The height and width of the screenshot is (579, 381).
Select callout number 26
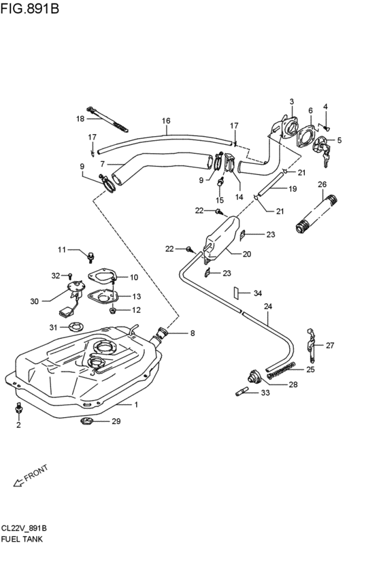(322, 184)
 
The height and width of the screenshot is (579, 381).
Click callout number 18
(80, 118)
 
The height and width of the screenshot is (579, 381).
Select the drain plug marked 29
(86, 422)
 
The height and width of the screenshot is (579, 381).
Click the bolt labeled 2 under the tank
(18, 410)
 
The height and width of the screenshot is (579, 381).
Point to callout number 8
(192, 333)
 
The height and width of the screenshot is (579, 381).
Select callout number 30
(35, 299)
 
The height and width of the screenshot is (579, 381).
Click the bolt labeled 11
(90, 256)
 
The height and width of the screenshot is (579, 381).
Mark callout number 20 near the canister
(247, 254)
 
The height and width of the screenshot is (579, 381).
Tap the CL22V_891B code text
(24, 528)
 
